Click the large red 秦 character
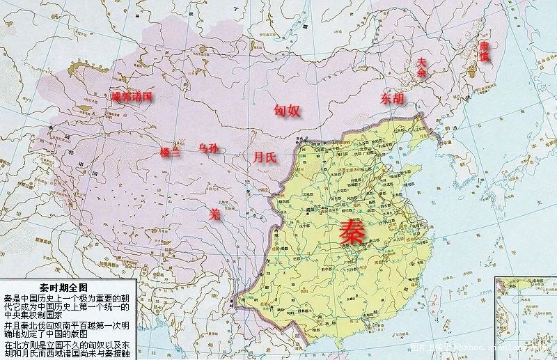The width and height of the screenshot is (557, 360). pos(352,231)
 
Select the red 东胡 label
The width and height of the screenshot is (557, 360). pos(391,99)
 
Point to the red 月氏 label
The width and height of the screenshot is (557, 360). pos(265,157)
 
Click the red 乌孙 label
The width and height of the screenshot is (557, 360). pos(208,148)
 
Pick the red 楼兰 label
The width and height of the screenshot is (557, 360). pos(170,152)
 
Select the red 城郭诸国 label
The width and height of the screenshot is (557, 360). pos(132,97)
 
